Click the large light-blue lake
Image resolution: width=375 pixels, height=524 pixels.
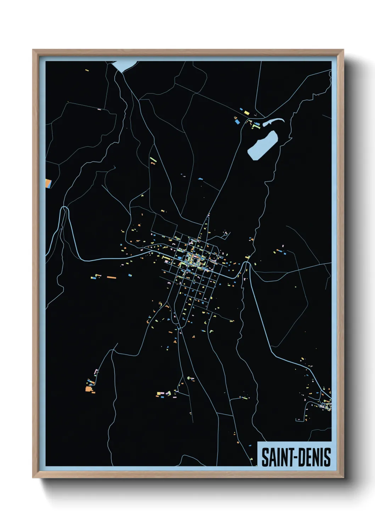263,145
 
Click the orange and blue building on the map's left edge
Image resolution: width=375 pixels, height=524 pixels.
49,183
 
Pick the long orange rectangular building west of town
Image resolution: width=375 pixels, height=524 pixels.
112,277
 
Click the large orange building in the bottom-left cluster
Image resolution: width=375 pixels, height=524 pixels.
88,389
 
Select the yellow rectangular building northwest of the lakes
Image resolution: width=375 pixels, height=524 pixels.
246,112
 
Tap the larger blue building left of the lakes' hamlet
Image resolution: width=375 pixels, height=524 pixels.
236,121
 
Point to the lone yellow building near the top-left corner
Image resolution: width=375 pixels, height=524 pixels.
87,70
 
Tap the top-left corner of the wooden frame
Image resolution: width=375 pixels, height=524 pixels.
33,50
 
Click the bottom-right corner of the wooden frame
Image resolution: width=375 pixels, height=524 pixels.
343,477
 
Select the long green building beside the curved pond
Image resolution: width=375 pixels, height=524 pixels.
256,124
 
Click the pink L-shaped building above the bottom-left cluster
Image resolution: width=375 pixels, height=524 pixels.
96,371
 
